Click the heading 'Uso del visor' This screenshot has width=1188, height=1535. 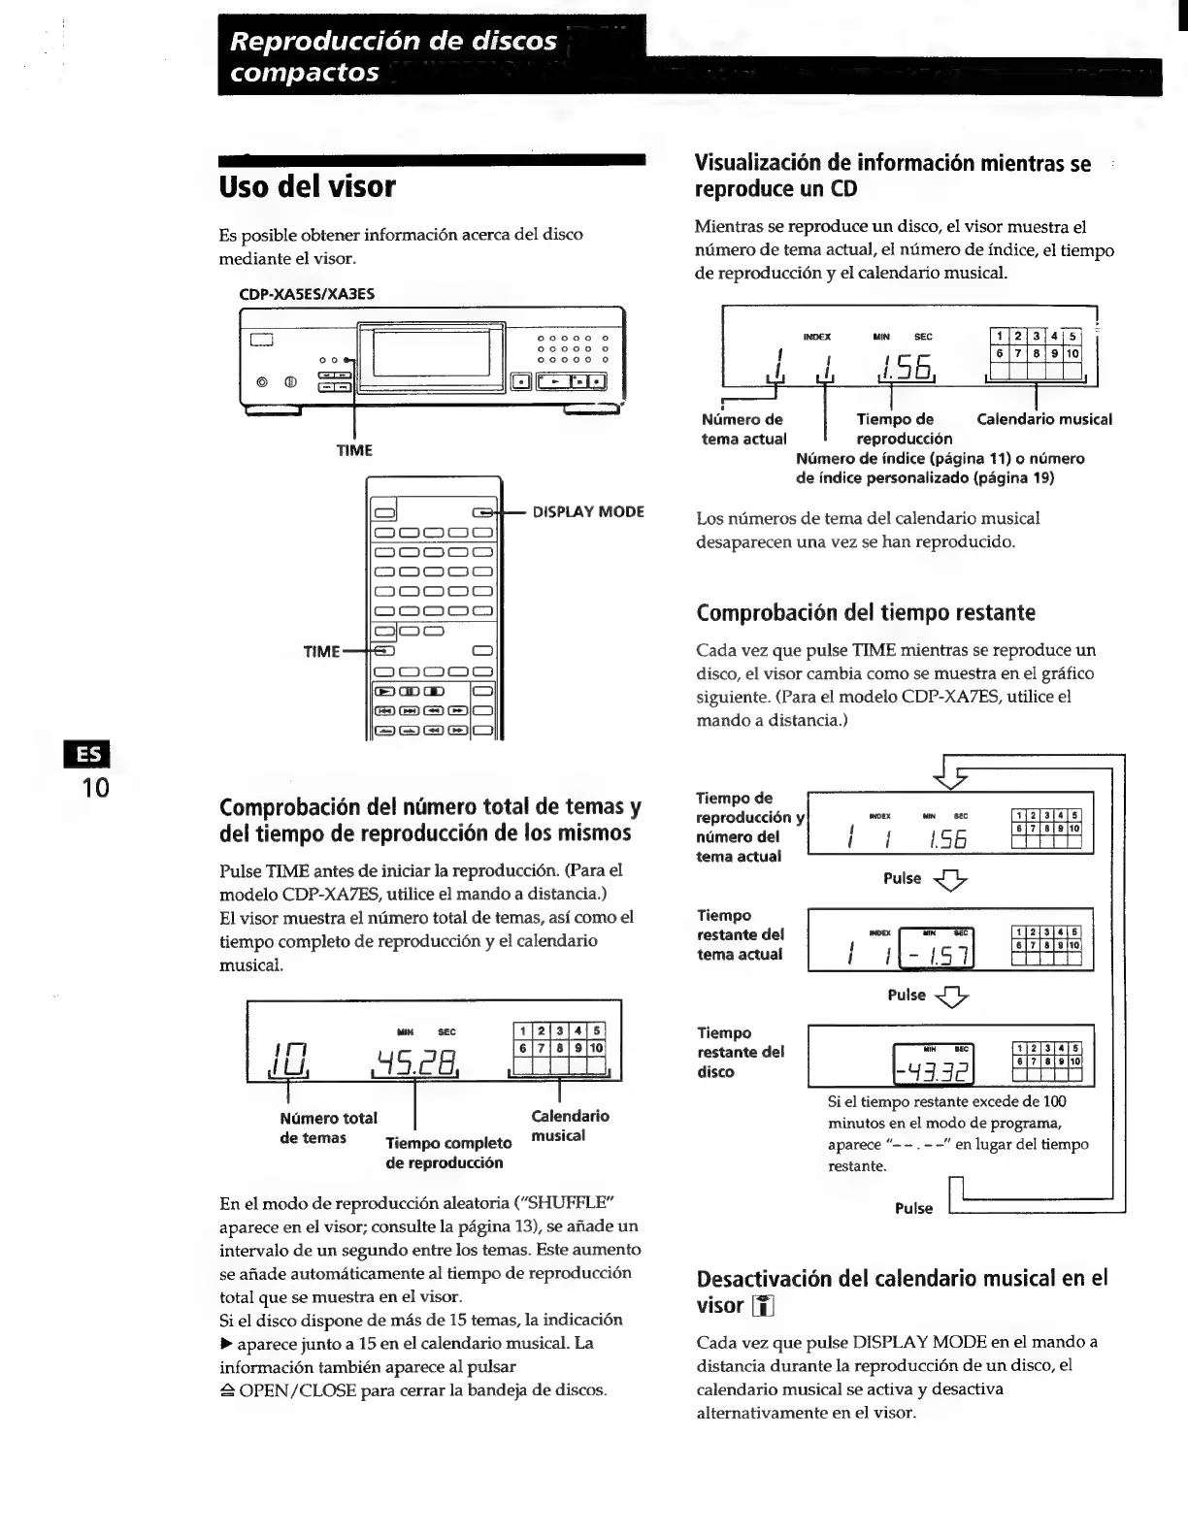[308, 186]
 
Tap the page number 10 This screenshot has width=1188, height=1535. [95, 787]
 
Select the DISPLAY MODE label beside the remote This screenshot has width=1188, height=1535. [588, 511]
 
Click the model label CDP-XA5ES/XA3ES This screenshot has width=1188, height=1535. [307, 293]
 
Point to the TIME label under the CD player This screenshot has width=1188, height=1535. [354, 450]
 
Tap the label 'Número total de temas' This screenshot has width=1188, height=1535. [327, 1127]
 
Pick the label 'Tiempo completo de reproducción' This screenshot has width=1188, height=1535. [447, 1152]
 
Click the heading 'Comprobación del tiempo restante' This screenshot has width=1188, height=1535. [866, 612]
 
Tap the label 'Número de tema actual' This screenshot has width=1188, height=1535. [742, 429]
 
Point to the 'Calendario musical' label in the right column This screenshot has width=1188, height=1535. [1043, 419]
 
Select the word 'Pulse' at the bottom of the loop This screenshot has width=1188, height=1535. [913, 1208]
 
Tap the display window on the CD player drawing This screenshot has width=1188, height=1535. [431, 351]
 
